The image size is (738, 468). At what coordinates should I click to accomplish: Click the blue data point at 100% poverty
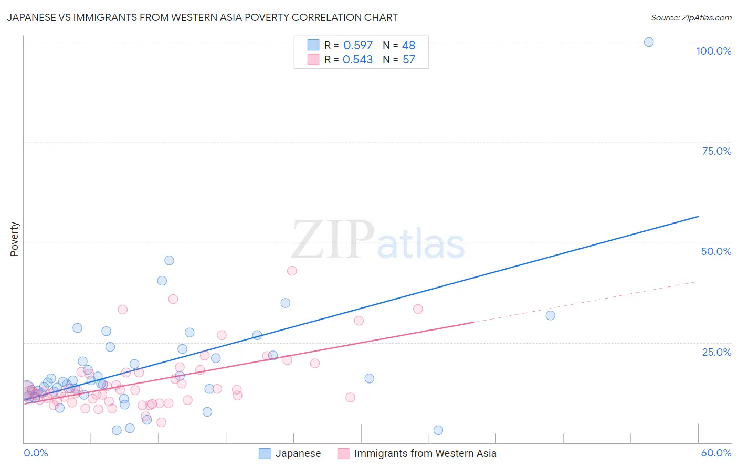point(649,42)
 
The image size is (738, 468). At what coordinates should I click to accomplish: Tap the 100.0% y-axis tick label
point(713,51)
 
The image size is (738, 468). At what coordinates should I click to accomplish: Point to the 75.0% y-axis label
point(716,151)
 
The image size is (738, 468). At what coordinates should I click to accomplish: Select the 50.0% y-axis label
point(716,251)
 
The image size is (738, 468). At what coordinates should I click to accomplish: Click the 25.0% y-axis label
point(716,352)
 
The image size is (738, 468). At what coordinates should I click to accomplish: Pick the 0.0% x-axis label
point(36,453)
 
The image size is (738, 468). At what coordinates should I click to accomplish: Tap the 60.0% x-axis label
point(716,453)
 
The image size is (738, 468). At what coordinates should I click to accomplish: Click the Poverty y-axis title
point(14,239)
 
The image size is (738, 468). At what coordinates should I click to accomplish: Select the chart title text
point(202,17)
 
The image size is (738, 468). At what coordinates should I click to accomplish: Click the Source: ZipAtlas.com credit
point(691,17)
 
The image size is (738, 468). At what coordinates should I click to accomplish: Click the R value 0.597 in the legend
point(357,46)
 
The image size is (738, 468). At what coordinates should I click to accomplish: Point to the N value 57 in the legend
point(409,60)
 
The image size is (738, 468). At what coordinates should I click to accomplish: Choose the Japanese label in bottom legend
point(298,453)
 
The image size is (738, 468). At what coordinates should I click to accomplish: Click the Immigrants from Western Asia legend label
point(425,453)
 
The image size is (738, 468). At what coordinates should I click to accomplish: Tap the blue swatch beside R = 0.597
point(313,45)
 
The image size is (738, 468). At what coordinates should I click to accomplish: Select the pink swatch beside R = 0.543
point(313,59)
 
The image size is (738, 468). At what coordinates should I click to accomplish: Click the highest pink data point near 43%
point(292,271)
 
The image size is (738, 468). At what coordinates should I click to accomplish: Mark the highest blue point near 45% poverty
point(169,260)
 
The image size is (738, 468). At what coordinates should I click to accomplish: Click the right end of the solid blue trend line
point(698,216)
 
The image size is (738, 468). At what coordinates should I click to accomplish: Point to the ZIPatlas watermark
point(378,240)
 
